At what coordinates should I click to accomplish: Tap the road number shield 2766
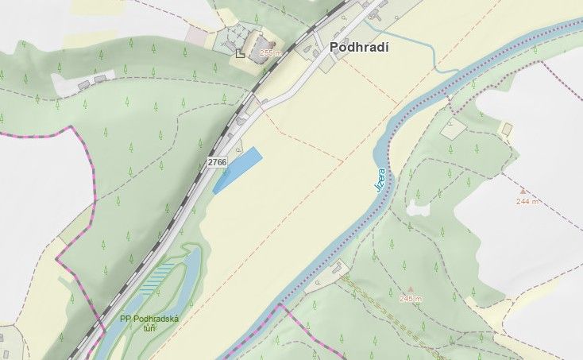pyautogui.click(x=217, y=162)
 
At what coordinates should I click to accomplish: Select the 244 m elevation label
pyautogui.click(x=527, y=201)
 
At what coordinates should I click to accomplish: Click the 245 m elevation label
pyautogui.click(x=411, y=298)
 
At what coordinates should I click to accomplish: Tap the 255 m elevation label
pyautogui.click(x=271, y=52)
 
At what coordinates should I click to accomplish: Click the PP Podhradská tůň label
pyautogui.click(x=149, y=323)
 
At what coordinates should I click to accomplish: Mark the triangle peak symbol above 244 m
pyautogui.click(x=522, y=191)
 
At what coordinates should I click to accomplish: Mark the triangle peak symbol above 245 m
pyautogui.click(x=410, y=288)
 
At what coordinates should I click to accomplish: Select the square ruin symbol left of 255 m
pyautogui.click(x=240, y=53)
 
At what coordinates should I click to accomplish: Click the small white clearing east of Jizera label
pyautogui.click(x=419, y=207)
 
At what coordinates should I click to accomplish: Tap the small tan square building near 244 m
pyautogui.click(x=507, y=129)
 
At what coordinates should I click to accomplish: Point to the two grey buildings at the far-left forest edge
pyautogui.click(x=92, y=80)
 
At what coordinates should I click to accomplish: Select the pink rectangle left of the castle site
pyautogui.click(x=196, y=36)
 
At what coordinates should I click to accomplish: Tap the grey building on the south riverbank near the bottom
pyautogui.click(x=319, y=281)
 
